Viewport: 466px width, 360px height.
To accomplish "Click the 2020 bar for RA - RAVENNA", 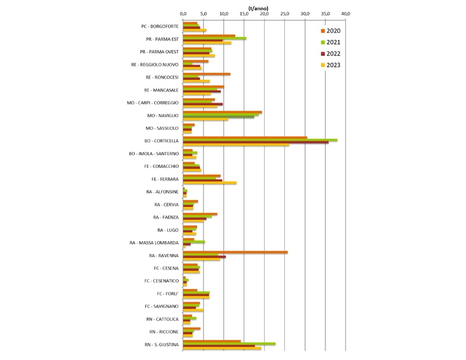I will (x=235, y=252).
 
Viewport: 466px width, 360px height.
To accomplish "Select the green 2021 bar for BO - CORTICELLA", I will (x=260, y=140).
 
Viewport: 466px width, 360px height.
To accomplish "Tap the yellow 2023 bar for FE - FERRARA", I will (x=209, y=183).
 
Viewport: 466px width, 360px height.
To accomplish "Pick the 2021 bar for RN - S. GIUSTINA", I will (x=229, y=343).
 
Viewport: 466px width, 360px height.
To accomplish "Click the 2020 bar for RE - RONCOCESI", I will (x=207, y=74).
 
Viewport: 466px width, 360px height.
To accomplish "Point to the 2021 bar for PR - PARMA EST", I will (x=215, y=38).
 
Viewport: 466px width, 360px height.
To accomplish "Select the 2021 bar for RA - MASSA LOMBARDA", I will (x=194, y=242).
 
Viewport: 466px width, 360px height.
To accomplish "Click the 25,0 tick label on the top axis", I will (x=285, y=13).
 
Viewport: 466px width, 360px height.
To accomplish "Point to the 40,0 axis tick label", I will (x=346, y=13).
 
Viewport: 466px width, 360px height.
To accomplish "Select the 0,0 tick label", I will (x=183, y=13).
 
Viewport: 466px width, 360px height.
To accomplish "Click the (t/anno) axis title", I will (x=259, y=7).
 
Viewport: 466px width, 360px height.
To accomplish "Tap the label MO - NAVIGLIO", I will (x=163, y=115).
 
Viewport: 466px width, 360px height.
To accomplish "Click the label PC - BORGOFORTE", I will (x=160, y=26).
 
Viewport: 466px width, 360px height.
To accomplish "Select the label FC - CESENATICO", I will (x=162, y=281).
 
